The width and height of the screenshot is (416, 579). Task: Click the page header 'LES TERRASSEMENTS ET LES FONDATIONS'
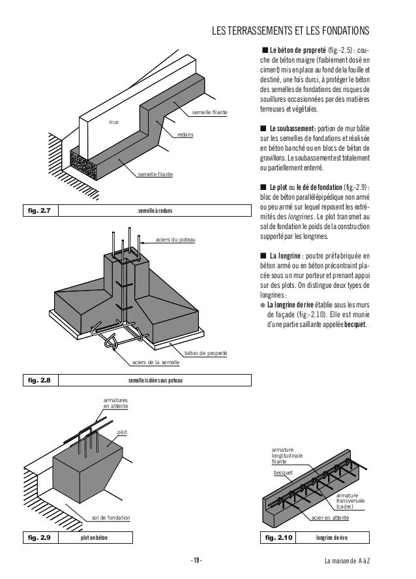tap(291, 31)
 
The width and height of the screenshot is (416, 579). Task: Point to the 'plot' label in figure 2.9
tap(121, 432)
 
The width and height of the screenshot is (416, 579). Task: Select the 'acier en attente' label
tap(331, 518)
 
